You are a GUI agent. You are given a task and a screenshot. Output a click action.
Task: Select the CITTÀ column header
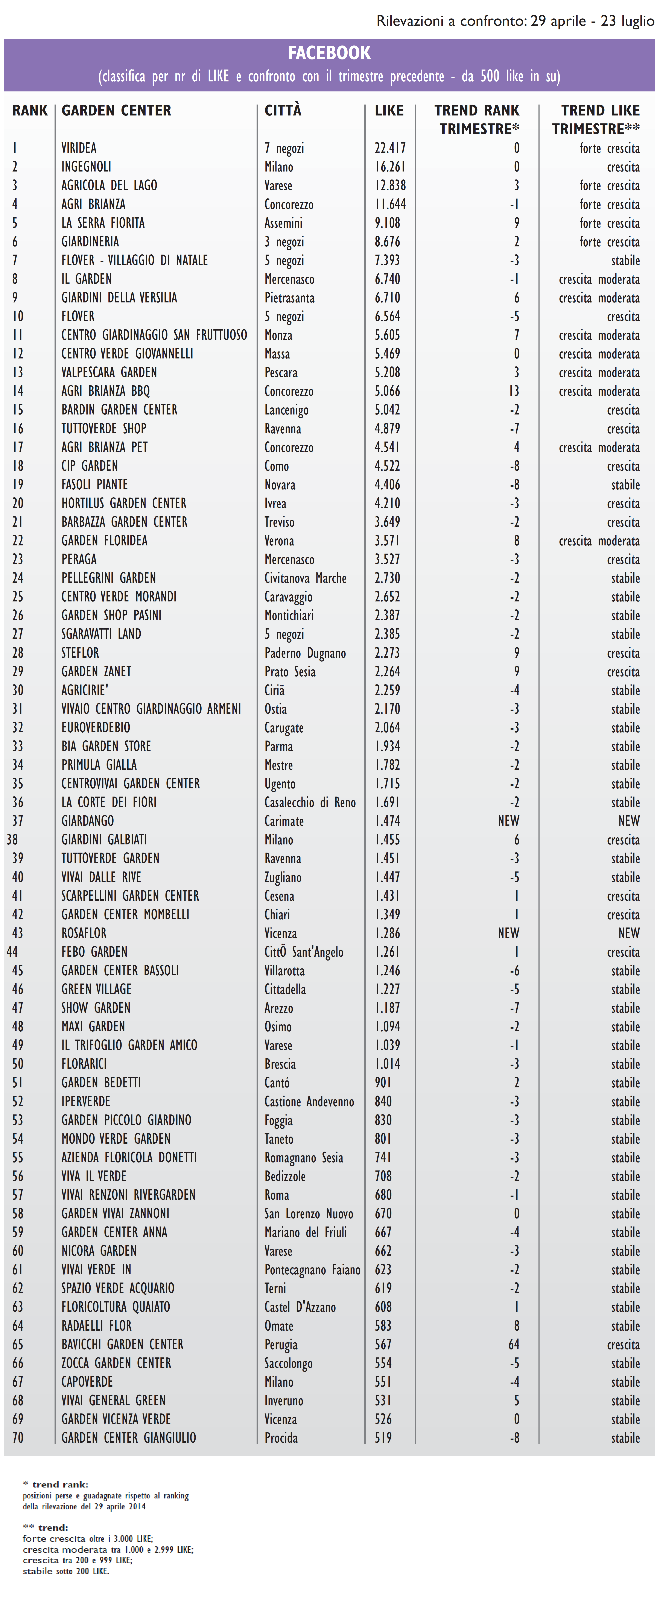point(283,111)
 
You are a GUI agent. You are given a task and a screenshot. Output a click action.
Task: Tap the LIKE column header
point(389,111)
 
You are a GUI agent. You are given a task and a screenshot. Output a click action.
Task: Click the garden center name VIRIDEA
point(79,148)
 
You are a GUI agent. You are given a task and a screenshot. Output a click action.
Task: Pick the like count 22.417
point(390,148)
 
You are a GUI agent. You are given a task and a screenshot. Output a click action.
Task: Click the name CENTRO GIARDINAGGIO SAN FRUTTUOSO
point(154,335)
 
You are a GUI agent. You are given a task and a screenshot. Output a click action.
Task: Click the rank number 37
point(17,821)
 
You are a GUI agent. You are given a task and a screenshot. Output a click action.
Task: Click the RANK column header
point(29,111)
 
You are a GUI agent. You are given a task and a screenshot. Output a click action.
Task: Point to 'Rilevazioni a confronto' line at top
point(515,21)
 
